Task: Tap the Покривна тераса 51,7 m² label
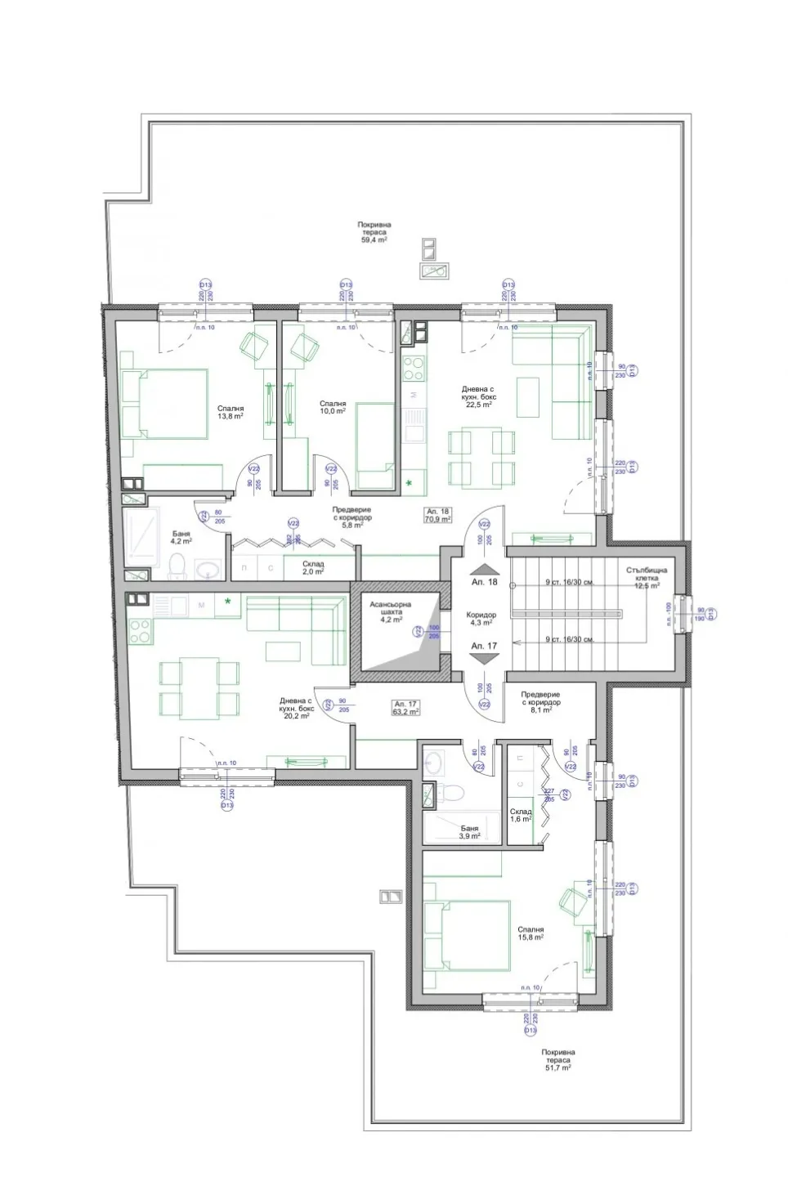point(557,1060)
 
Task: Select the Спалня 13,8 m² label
point(231,412)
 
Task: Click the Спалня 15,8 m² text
point(531,935)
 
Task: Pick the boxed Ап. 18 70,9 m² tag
point(437,514)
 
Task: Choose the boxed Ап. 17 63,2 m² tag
point(405,708)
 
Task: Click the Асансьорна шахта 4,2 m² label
point(390,612)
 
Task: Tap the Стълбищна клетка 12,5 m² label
point(647,577)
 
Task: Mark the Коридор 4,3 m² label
point(481,620)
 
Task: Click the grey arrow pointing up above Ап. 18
point(484,570)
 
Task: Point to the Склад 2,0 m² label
point(312,568)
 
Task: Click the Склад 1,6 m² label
point(521,815)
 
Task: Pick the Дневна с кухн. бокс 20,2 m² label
point(295,708)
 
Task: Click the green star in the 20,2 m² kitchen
point(228,602)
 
